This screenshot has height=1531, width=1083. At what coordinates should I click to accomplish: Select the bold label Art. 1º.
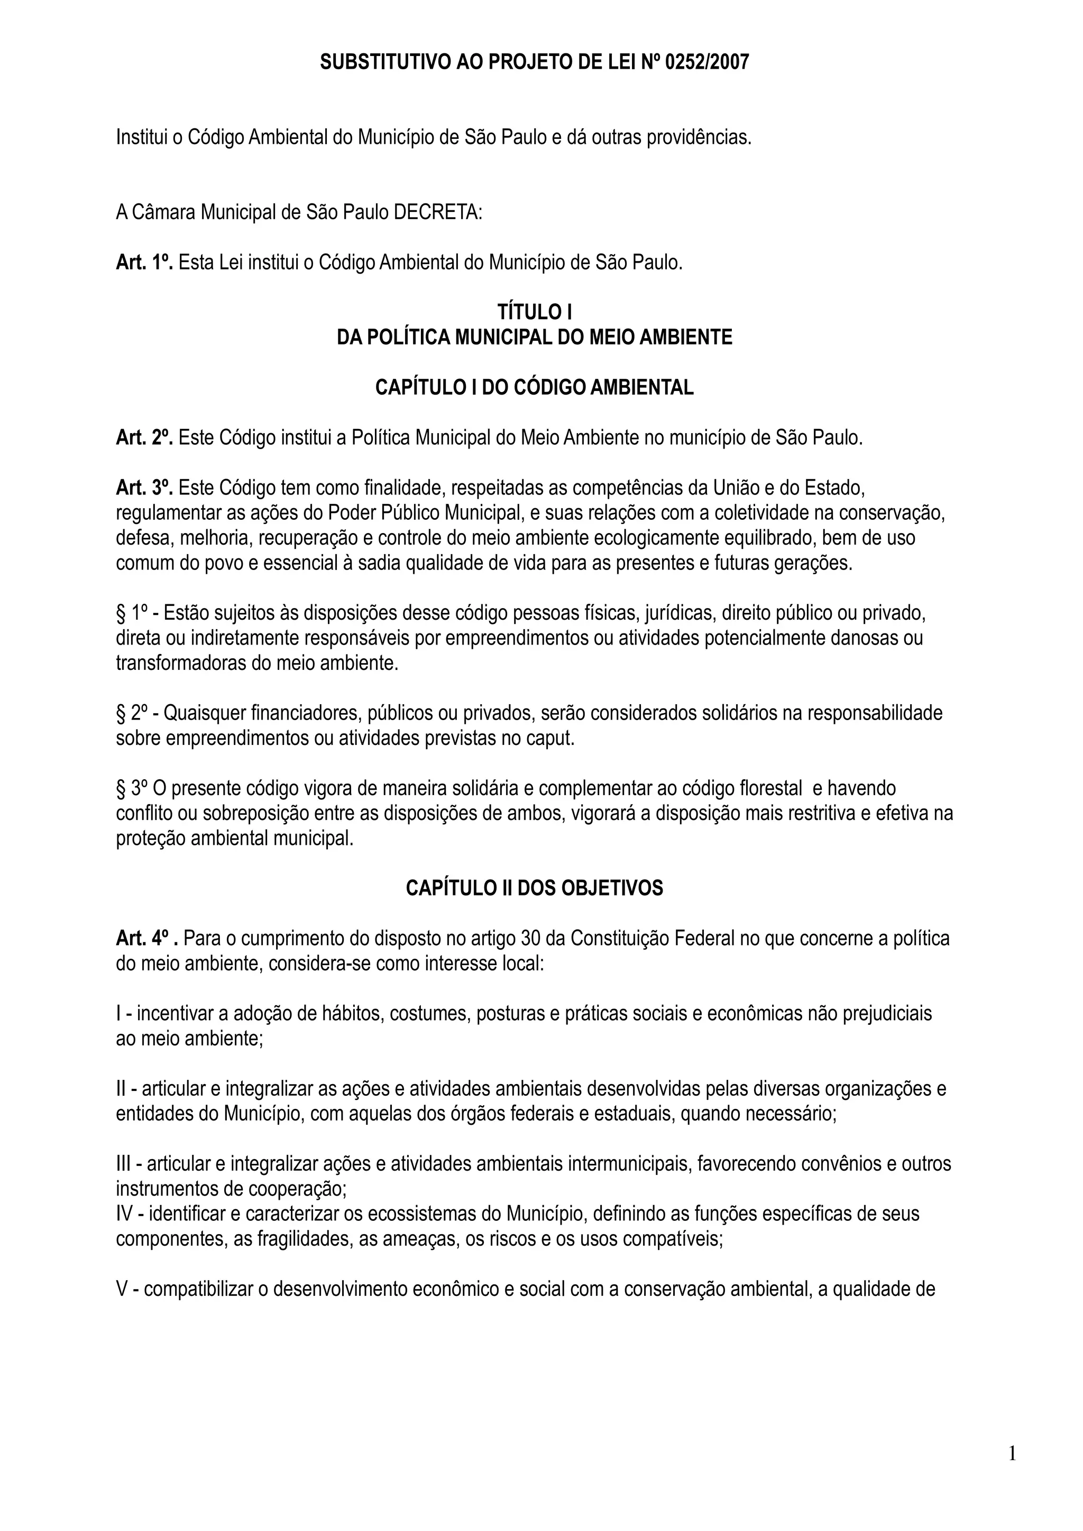[x=144, y=262]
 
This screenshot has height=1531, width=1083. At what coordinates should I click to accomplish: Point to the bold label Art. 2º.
[x=144, y=437]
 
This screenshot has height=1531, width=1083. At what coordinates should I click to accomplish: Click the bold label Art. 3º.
[x=144, y=488]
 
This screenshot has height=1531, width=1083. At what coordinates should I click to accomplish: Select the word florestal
[x=770, y=788]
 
